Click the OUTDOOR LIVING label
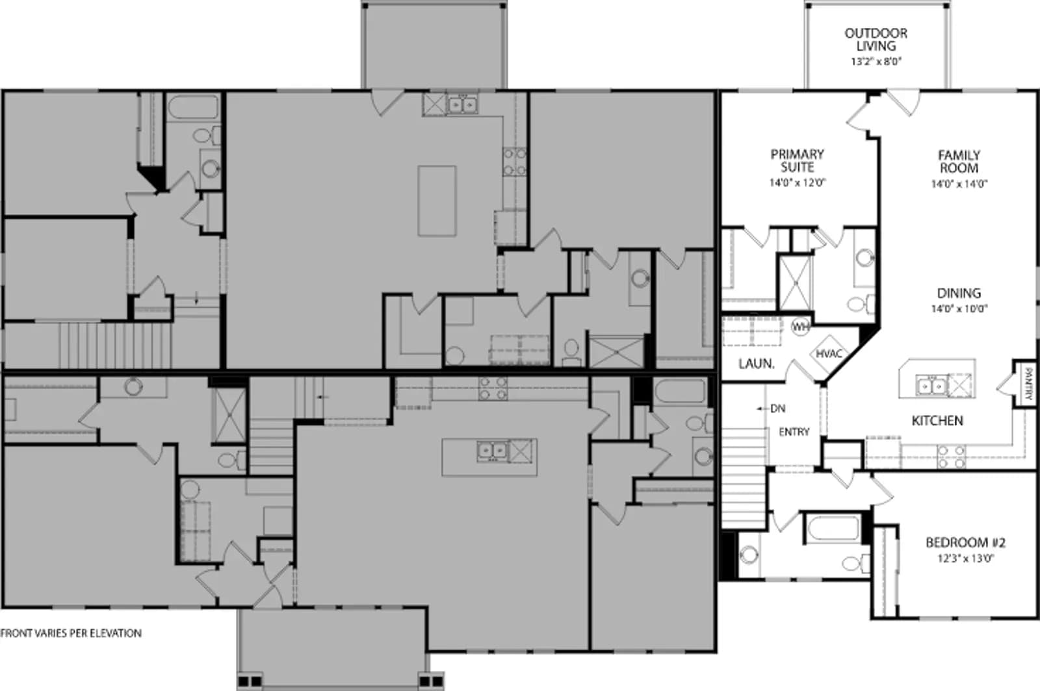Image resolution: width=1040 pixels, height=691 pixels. [876, 40]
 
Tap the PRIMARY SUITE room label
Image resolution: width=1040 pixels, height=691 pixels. [797, 160]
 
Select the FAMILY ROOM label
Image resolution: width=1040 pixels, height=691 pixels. [959, 162]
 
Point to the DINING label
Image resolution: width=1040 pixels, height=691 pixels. [959, 293]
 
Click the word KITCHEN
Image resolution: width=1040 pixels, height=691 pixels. [937, 421]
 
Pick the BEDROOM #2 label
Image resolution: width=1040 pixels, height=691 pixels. [965, 542]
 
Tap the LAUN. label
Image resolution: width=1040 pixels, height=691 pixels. [757, 364]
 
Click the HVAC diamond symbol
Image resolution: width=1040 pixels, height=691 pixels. [829, 354]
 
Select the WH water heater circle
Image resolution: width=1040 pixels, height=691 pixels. [800, 327]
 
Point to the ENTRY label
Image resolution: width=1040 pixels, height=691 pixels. [794, 432]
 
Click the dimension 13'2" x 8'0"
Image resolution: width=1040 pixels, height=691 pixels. [876, 62]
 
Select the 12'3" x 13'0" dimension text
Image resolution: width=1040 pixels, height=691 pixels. [965, 559]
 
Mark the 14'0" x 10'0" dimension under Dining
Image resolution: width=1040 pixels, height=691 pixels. [959, 308]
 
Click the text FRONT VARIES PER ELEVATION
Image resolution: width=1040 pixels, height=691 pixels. [71, 633]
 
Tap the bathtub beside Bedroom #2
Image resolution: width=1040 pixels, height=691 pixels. [833, 528]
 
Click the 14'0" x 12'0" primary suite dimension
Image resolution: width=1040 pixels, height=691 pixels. [797, 182]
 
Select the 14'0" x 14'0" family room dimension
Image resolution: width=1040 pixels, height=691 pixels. [959, 184]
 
